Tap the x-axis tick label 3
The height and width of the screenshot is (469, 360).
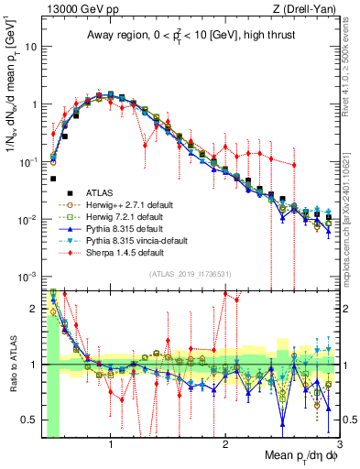pyautogui.click(x=339, y=446)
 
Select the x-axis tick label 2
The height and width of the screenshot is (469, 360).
pyautogui.click(x=225, y=446)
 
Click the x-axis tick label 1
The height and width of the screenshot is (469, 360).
pyautogui.click(x=111, y=446)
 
